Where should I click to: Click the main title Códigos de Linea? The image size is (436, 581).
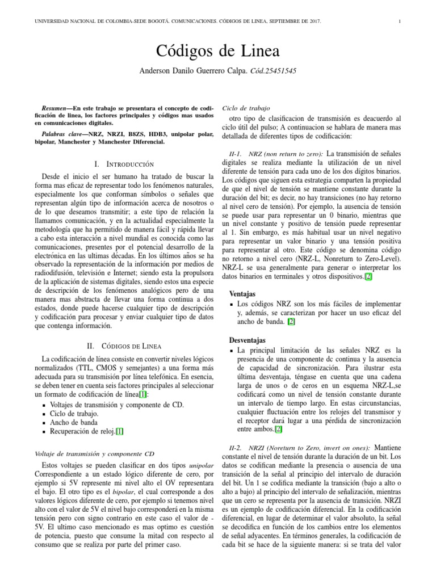(217, 51)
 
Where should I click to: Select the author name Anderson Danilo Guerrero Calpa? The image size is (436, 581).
(191, 71)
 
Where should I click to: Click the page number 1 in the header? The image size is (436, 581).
(400, 22)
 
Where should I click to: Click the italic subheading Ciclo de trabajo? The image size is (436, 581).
(246, 107)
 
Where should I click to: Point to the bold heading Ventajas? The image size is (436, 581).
(242, 294)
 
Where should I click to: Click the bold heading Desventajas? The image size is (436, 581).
(248, 340)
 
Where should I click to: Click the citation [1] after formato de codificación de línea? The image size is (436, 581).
(143, 394)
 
